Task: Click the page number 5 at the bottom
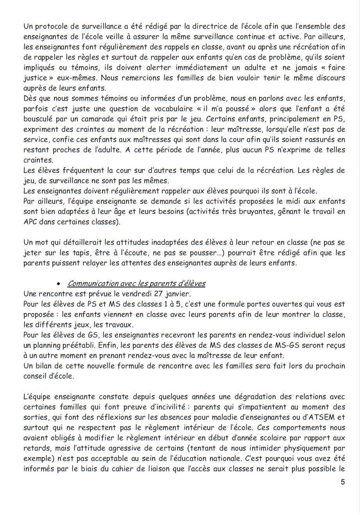pos(342,482)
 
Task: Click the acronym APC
pos(30,222)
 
